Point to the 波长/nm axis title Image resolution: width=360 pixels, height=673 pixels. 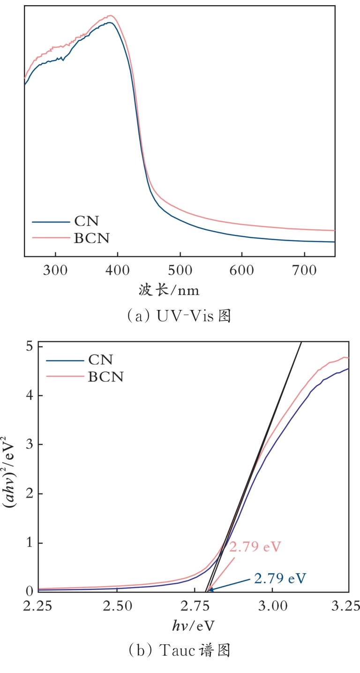tap(169, 291)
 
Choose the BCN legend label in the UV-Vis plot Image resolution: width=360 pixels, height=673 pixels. tap(92, 238)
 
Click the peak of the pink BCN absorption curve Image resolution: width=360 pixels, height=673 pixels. tap(111, 15)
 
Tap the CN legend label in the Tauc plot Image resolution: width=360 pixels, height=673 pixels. tap(101, 360)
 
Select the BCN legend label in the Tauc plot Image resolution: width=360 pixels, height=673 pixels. tap(106, 376)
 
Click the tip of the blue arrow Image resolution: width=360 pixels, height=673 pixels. tap(209, 589)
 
